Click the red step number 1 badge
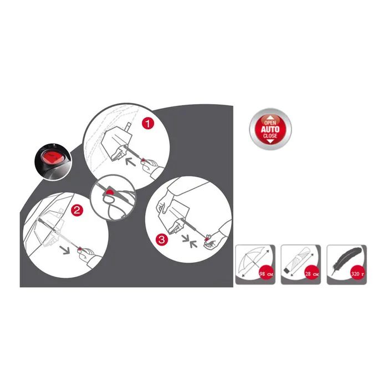148,123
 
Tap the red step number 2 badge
77,210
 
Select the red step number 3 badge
161,239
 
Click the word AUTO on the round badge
270,129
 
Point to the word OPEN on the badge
270,122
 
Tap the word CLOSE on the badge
270,136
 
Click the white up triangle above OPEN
270,118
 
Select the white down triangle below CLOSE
270,141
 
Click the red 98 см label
266,274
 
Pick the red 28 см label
312,274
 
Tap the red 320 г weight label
358,274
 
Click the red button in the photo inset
53,158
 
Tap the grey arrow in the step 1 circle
130,162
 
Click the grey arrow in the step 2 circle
65,250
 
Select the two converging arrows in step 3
190,241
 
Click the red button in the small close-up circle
109,192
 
